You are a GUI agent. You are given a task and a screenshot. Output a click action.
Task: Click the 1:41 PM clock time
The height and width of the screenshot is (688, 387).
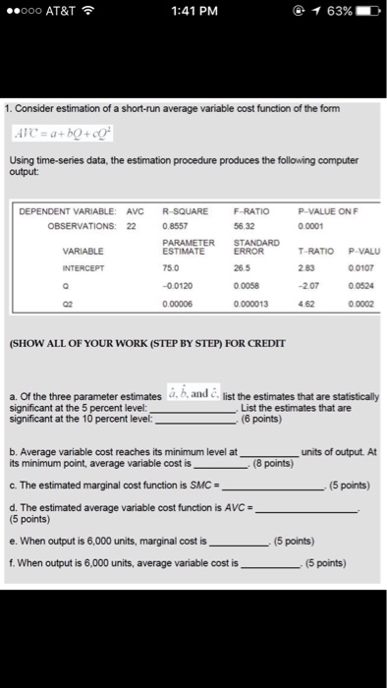(x=193, y=12)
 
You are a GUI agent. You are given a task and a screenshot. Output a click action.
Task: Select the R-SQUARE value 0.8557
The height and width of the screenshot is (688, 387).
(x=174, y=223)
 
